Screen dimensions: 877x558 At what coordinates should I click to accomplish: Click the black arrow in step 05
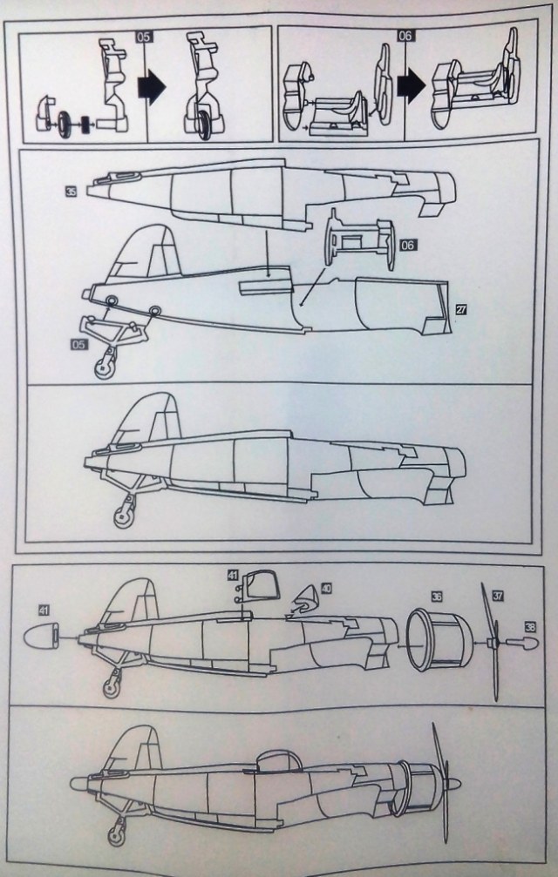[151, 88]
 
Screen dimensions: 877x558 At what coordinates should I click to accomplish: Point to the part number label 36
[436, 597]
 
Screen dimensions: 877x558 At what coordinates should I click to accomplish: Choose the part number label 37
[498, 596]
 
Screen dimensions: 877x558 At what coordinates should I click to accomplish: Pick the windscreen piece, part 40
[304, 602]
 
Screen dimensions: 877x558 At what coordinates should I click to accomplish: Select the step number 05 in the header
[145, 36]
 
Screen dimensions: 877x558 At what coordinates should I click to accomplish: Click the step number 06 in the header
[405, 36]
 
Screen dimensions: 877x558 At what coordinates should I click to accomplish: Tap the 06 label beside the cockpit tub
[408, 246]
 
